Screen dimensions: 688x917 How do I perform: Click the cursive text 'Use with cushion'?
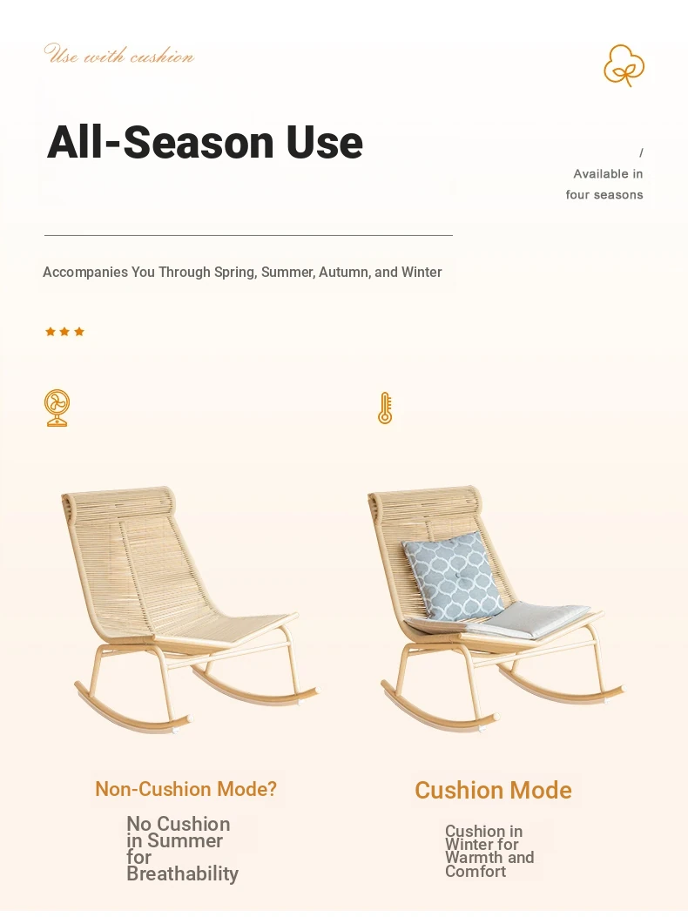[118, 54]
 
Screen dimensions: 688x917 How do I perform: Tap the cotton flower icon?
[624, 65]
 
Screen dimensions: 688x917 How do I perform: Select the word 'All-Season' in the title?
[160, 142]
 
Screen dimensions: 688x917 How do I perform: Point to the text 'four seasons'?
[604, 195]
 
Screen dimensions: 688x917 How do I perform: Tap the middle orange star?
[64, 332]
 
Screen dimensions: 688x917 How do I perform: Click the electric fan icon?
[57, 408]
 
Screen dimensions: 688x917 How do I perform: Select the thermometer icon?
[385, 408]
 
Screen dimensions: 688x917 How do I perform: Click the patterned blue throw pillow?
[453, 576]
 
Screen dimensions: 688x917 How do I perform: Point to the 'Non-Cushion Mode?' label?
[186, 789]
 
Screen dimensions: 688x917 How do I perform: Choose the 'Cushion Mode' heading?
[493, 790]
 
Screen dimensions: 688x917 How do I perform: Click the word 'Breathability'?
[183, 873]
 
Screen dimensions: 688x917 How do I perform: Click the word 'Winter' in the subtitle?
[422, 273]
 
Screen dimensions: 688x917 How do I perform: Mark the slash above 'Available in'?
[641, 152]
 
